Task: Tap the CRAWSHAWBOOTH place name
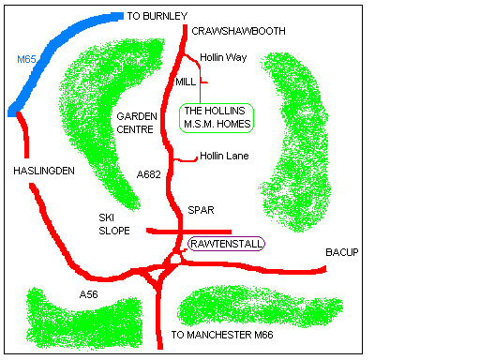click(237, 31)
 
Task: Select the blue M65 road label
click(27, 59)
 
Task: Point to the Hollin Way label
click(223, 57)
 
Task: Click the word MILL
click(186, 82)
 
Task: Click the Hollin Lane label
click(224, 156)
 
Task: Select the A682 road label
click(148, 173)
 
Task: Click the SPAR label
click(201, 210)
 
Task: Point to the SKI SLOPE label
click(113, 223)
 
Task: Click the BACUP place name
click(342, 253)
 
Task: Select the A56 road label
click(89, 294)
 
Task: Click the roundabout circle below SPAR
click(175, 258)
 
